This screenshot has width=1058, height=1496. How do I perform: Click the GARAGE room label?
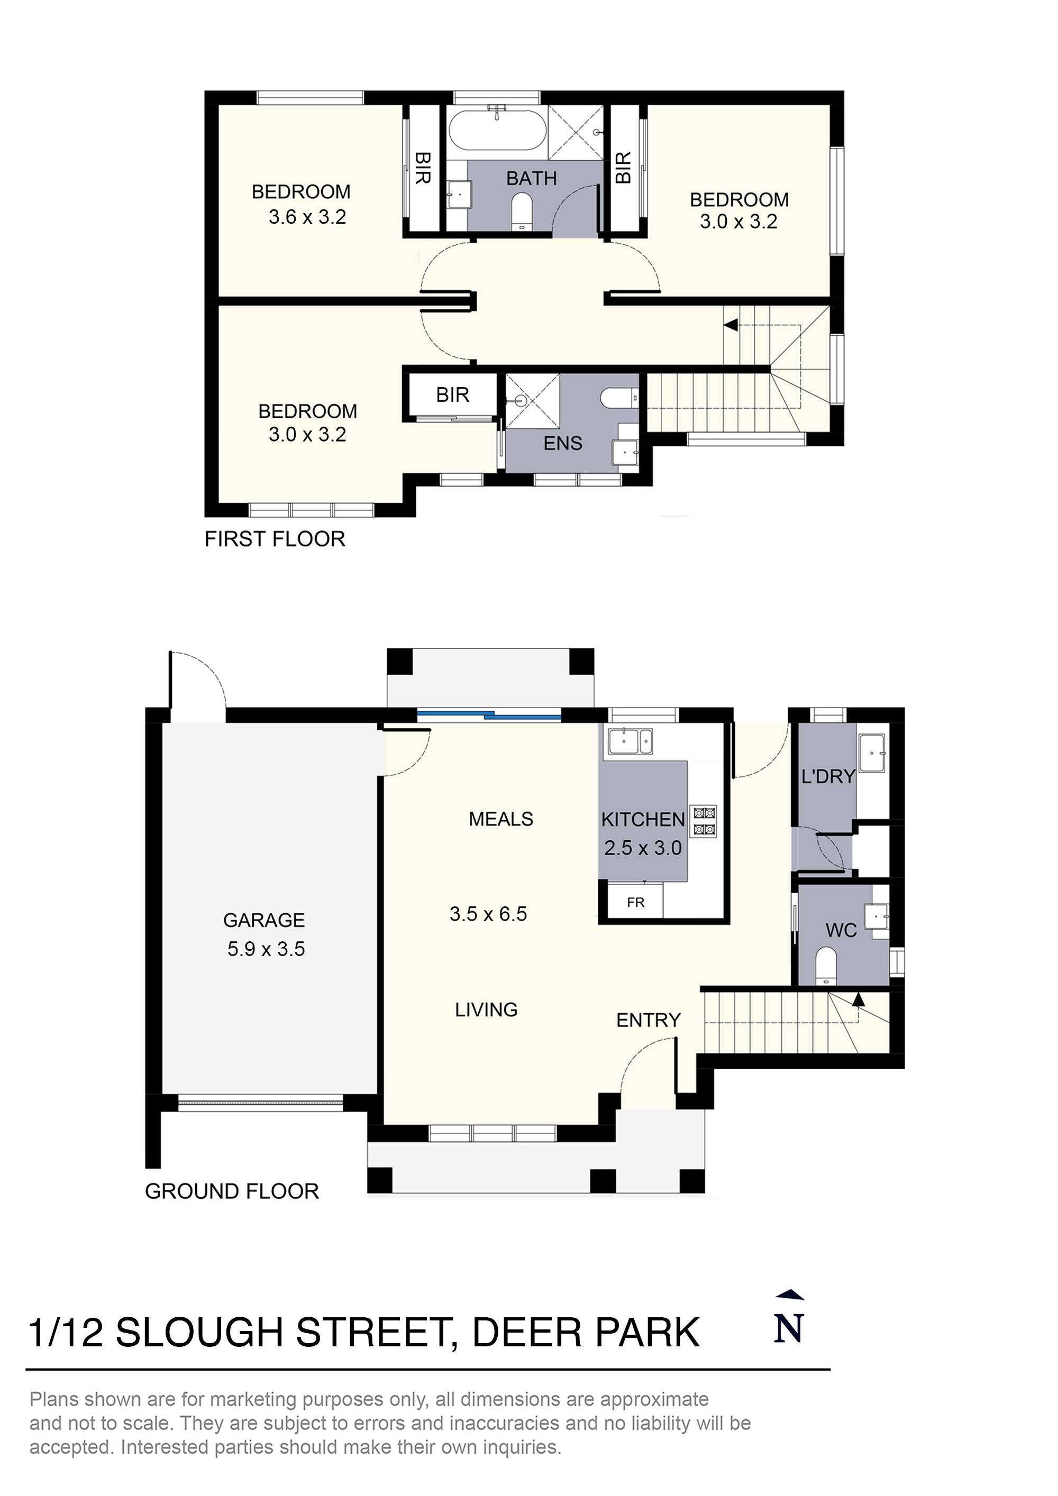pos(263,920)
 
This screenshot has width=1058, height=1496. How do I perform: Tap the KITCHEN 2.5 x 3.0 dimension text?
pos(643,848)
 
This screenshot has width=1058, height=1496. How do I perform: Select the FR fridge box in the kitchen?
pos(635,903)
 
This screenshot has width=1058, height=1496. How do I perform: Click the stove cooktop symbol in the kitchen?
pos(704,821)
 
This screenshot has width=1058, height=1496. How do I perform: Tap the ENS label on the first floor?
pos(562,443)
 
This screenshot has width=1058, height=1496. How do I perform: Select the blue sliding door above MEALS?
pos(489,715)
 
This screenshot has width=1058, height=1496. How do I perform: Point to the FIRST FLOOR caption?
pos(275,539)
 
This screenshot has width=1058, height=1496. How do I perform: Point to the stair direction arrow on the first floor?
pos(731,325)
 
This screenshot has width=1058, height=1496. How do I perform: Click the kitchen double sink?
pos(630,741)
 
